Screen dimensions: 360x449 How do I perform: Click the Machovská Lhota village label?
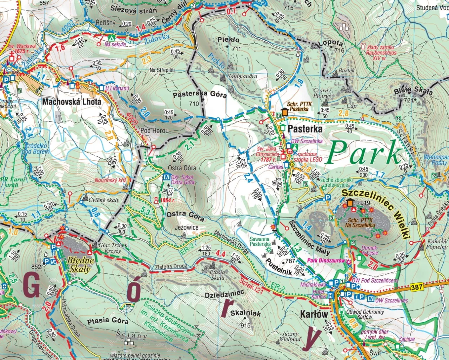72,102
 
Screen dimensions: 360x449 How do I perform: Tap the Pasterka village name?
305,129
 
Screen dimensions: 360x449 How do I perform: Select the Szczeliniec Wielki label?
377,212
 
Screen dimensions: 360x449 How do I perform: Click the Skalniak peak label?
246,314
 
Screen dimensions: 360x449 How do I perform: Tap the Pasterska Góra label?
200,95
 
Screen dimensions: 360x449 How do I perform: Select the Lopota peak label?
330,43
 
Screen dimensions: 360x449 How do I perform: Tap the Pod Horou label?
154,131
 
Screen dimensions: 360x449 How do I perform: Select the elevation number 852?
36,267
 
